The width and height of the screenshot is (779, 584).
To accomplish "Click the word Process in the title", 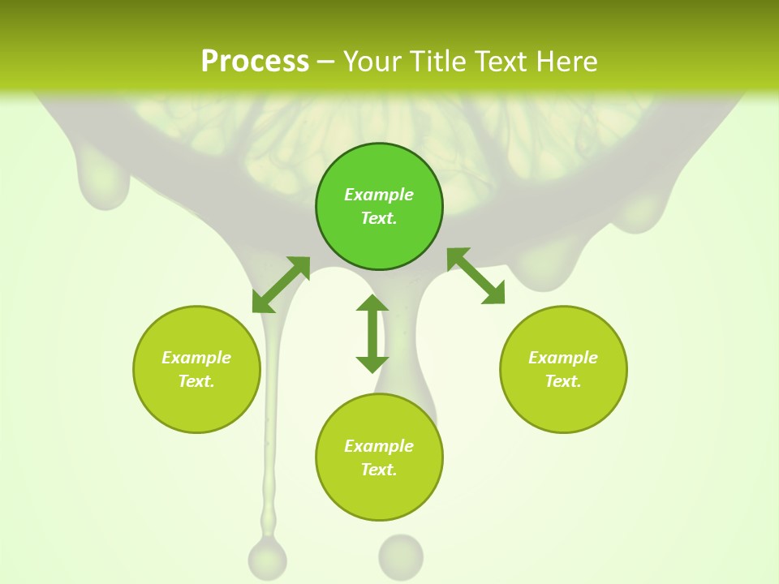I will tap(255, 62).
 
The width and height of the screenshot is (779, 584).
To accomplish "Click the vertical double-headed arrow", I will tap(372, 333).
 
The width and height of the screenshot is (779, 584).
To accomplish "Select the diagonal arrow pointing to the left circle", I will tap(281, 284).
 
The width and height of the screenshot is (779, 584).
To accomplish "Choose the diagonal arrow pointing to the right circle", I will tap(476, 276).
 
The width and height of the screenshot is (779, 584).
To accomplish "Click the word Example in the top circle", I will tap(379, 195).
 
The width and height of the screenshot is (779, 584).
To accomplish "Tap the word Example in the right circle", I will tap(563, 358).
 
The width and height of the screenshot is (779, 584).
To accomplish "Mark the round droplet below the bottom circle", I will tap(401, 555).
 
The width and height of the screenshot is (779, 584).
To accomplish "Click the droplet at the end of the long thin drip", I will tap(267, 556).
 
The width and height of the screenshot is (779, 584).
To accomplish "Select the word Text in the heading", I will tap(502, 62).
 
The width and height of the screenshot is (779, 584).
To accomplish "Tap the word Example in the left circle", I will tap(196, 358).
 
